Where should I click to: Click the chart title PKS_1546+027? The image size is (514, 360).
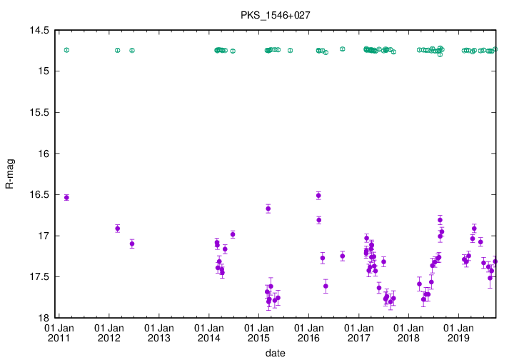(x=270, y=14)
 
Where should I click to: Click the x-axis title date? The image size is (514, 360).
(x=276, y=353)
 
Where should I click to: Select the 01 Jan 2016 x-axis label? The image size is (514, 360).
(x=308, y=333)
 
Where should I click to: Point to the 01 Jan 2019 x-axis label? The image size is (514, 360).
(x=458, y=333)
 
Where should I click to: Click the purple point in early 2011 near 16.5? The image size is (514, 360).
(x=66, y=197)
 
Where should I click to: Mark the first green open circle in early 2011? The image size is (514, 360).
(x=66, y=50)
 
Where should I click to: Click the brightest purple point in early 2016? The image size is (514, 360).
(x=318, y=195)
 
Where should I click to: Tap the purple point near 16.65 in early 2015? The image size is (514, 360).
(x=268, y=209)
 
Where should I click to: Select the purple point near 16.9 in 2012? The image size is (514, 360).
(x=118, y=229)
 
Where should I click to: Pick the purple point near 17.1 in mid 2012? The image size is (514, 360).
(x=132, y=244)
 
